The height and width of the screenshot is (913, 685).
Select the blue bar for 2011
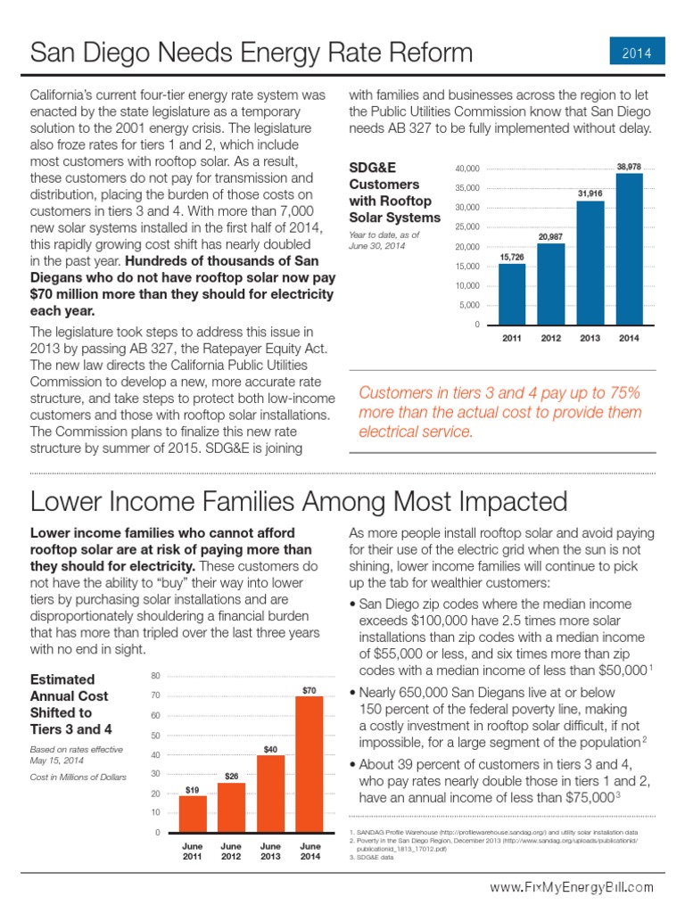[x=511, y=294]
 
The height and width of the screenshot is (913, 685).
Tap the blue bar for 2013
[x=590, y=263]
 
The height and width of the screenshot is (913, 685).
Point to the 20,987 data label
[x=550, y=236]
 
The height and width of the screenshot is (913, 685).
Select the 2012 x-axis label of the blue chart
[x=550, y=339]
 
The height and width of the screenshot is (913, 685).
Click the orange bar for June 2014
[x=309, y=764]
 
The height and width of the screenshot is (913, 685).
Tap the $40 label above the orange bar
[x=270, y=748]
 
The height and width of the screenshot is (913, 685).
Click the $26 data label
[x=231, y=776]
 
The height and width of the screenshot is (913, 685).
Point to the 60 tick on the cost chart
[x=156, y=715]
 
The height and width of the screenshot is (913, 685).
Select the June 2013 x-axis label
[x=270, y=851]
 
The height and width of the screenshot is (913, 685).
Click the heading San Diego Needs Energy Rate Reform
[x=252, y=53]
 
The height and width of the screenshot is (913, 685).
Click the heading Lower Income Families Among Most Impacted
[x=299, y=500]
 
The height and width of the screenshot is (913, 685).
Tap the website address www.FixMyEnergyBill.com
[x=571, y=887]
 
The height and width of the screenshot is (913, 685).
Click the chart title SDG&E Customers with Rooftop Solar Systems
[x=393, y=192]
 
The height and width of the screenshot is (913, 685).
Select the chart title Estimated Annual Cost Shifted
[x=70, y=703]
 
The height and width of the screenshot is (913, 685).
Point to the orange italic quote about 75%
[x=499, y=412]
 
